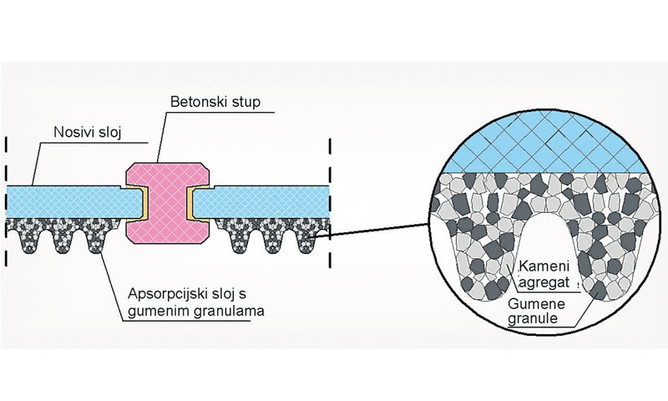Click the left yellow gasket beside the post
pos(143,204)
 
